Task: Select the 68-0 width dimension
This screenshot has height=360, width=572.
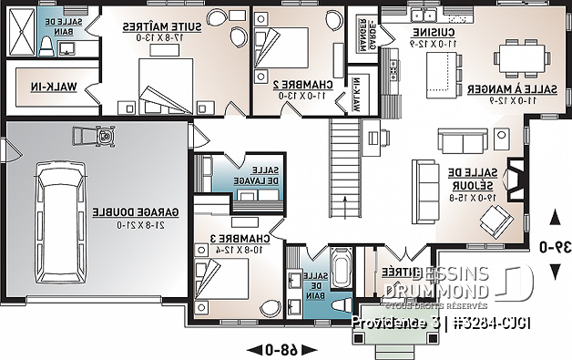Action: (273, 349)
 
